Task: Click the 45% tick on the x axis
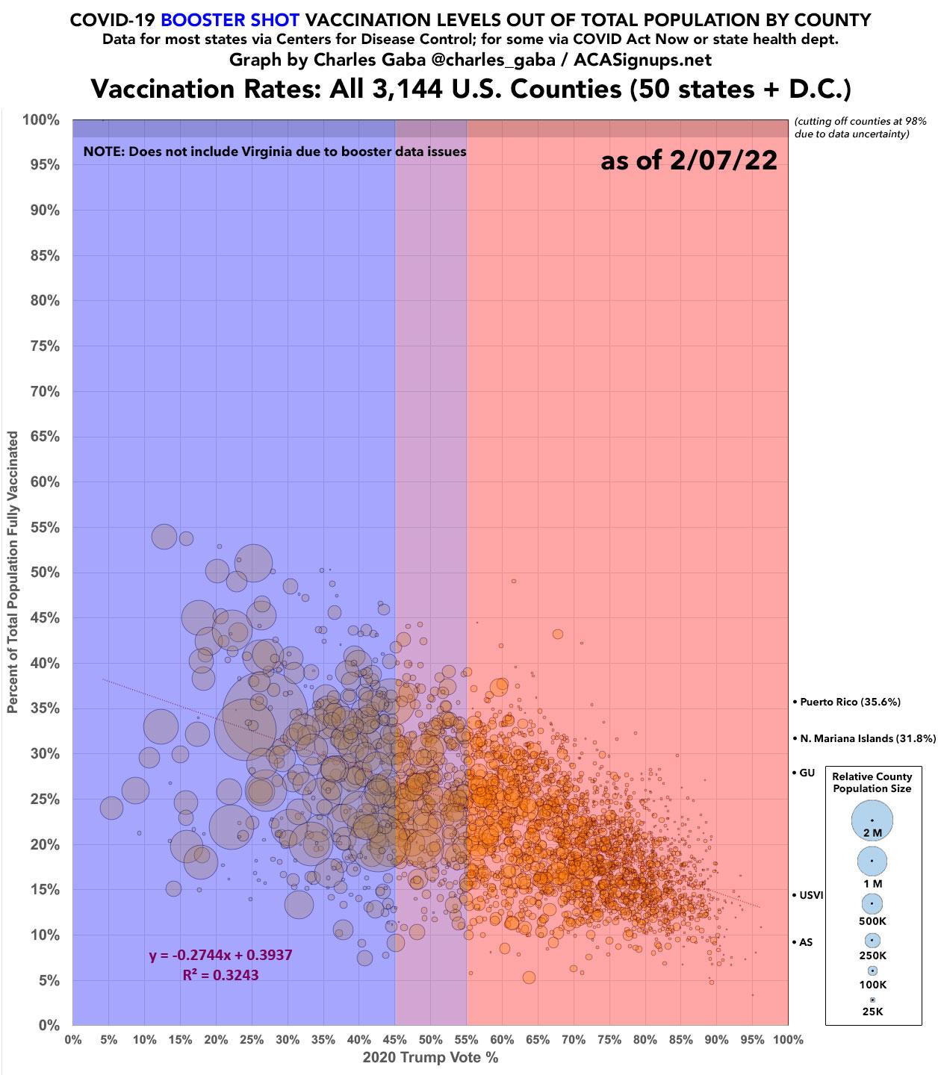click(x=394, y=1039)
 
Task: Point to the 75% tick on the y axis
click(x=45, y=346)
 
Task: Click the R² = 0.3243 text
click(x=220, y=974)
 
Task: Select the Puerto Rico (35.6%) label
click(x=850, y=702)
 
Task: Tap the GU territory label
click(x=807, y=773)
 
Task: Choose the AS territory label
click(x=805, y=942)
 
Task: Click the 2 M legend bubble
click(x=872, y=820)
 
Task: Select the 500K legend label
click(x=872, y=921)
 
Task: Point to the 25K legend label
click(x=872, y=1012)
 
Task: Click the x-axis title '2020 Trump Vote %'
click(x=429, y=1058)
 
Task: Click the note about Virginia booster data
click(x=275, y=152)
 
